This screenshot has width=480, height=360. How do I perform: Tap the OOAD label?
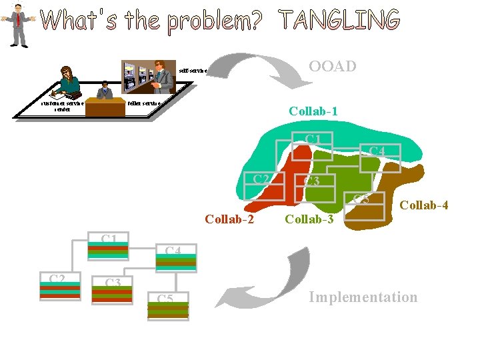tap(332, 66)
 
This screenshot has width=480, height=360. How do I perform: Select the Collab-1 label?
tap(313, 111)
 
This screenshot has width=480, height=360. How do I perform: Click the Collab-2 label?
tap(229, 218)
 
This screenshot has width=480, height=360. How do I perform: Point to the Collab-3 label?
tap(309, 218)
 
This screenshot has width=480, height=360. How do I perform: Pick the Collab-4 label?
tap(423, 205)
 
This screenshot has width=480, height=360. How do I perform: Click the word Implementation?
tap(363, 297)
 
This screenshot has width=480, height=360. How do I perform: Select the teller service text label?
tap(143, 103)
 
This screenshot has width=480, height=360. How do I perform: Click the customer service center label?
tap(61, 106)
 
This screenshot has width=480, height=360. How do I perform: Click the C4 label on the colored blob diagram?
tap(377, 152)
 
